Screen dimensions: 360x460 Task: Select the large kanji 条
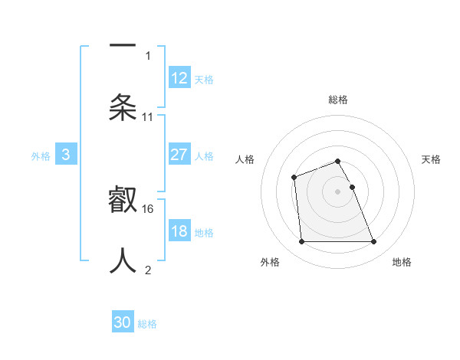tap(123, 107)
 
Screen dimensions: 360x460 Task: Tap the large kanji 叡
tap(123, 200)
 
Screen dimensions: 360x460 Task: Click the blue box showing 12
tap(179, 78)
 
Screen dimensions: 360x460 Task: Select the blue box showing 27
tap(179, 155)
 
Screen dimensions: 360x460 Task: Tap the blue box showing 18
tap(179, 231)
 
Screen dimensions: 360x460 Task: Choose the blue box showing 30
tap(123, 323)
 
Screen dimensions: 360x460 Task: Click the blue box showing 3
tap(66, 155)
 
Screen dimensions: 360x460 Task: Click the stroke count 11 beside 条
tap(148, 117)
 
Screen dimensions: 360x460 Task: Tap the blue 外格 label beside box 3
tap(41, 155)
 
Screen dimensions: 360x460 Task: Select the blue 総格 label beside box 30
tap(148, 324)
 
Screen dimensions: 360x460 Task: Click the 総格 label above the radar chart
tap(338, 100)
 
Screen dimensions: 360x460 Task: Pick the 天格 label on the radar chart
tap(432, 159)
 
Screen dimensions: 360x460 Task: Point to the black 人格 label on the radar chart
tap(245, 159)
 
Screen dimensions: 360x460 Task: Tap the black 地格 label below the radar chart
tap(402, 262)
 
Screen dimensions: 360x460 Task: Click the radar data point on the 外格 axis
tap(302, 242)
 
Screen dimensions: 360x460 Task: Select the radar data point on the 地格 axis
tap(374, 242)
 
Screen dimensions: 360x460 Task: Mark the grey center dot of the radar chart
tap(338, 191)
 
